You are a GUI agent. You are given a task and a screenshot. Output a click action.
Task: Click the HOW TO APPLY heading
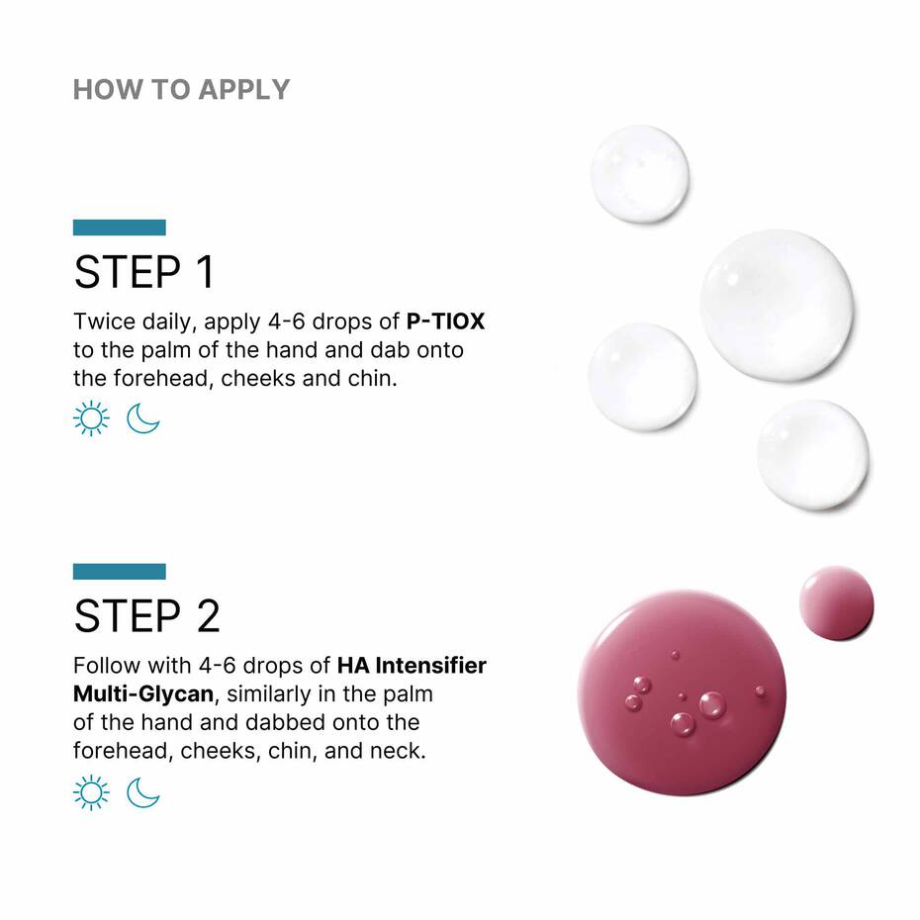(181, 89)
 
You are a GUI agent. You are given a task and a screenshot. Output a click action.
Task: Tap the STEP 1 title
(143, 273)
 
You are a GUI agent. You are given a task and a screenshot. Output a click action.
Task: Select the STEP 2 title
(146, 616)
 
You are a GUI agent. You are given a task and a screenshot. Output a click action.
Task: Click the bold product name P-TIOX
(445, 322)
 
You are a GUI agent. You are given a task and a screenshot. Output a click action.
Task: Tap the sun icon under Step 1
(91, 418)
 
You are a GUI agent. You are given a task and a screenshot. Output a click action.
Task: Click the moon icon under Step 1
(143, 418)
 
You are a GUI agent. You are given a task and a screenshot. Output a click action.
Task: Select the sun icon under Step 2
(91, 792)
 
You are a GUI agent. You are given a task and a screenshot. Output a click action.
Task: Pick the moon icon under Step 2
(143, 792)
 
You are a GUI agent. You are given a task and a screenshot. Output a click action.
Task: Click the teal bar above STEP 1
(119, 228)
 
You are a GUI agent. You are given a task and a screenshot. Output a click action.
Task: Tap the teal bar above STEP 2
(119, 572)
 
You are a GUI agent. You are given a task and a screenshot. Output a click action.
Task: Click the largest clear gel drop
(777, 305)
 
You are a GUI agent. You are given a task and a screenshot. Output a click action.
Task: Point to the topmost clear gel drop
(639, 174)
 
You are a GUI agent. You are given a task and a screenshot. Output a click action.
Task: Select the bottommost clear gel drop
(813, 454)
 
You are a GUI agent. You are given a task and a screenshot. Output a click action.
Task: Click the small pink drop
(836, 602)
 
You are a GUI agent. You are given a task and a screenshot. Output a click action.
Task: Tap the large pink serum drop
(682, 692)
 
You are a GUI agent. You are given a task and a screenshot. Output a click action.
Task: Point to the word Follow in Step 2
(105, 666)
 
